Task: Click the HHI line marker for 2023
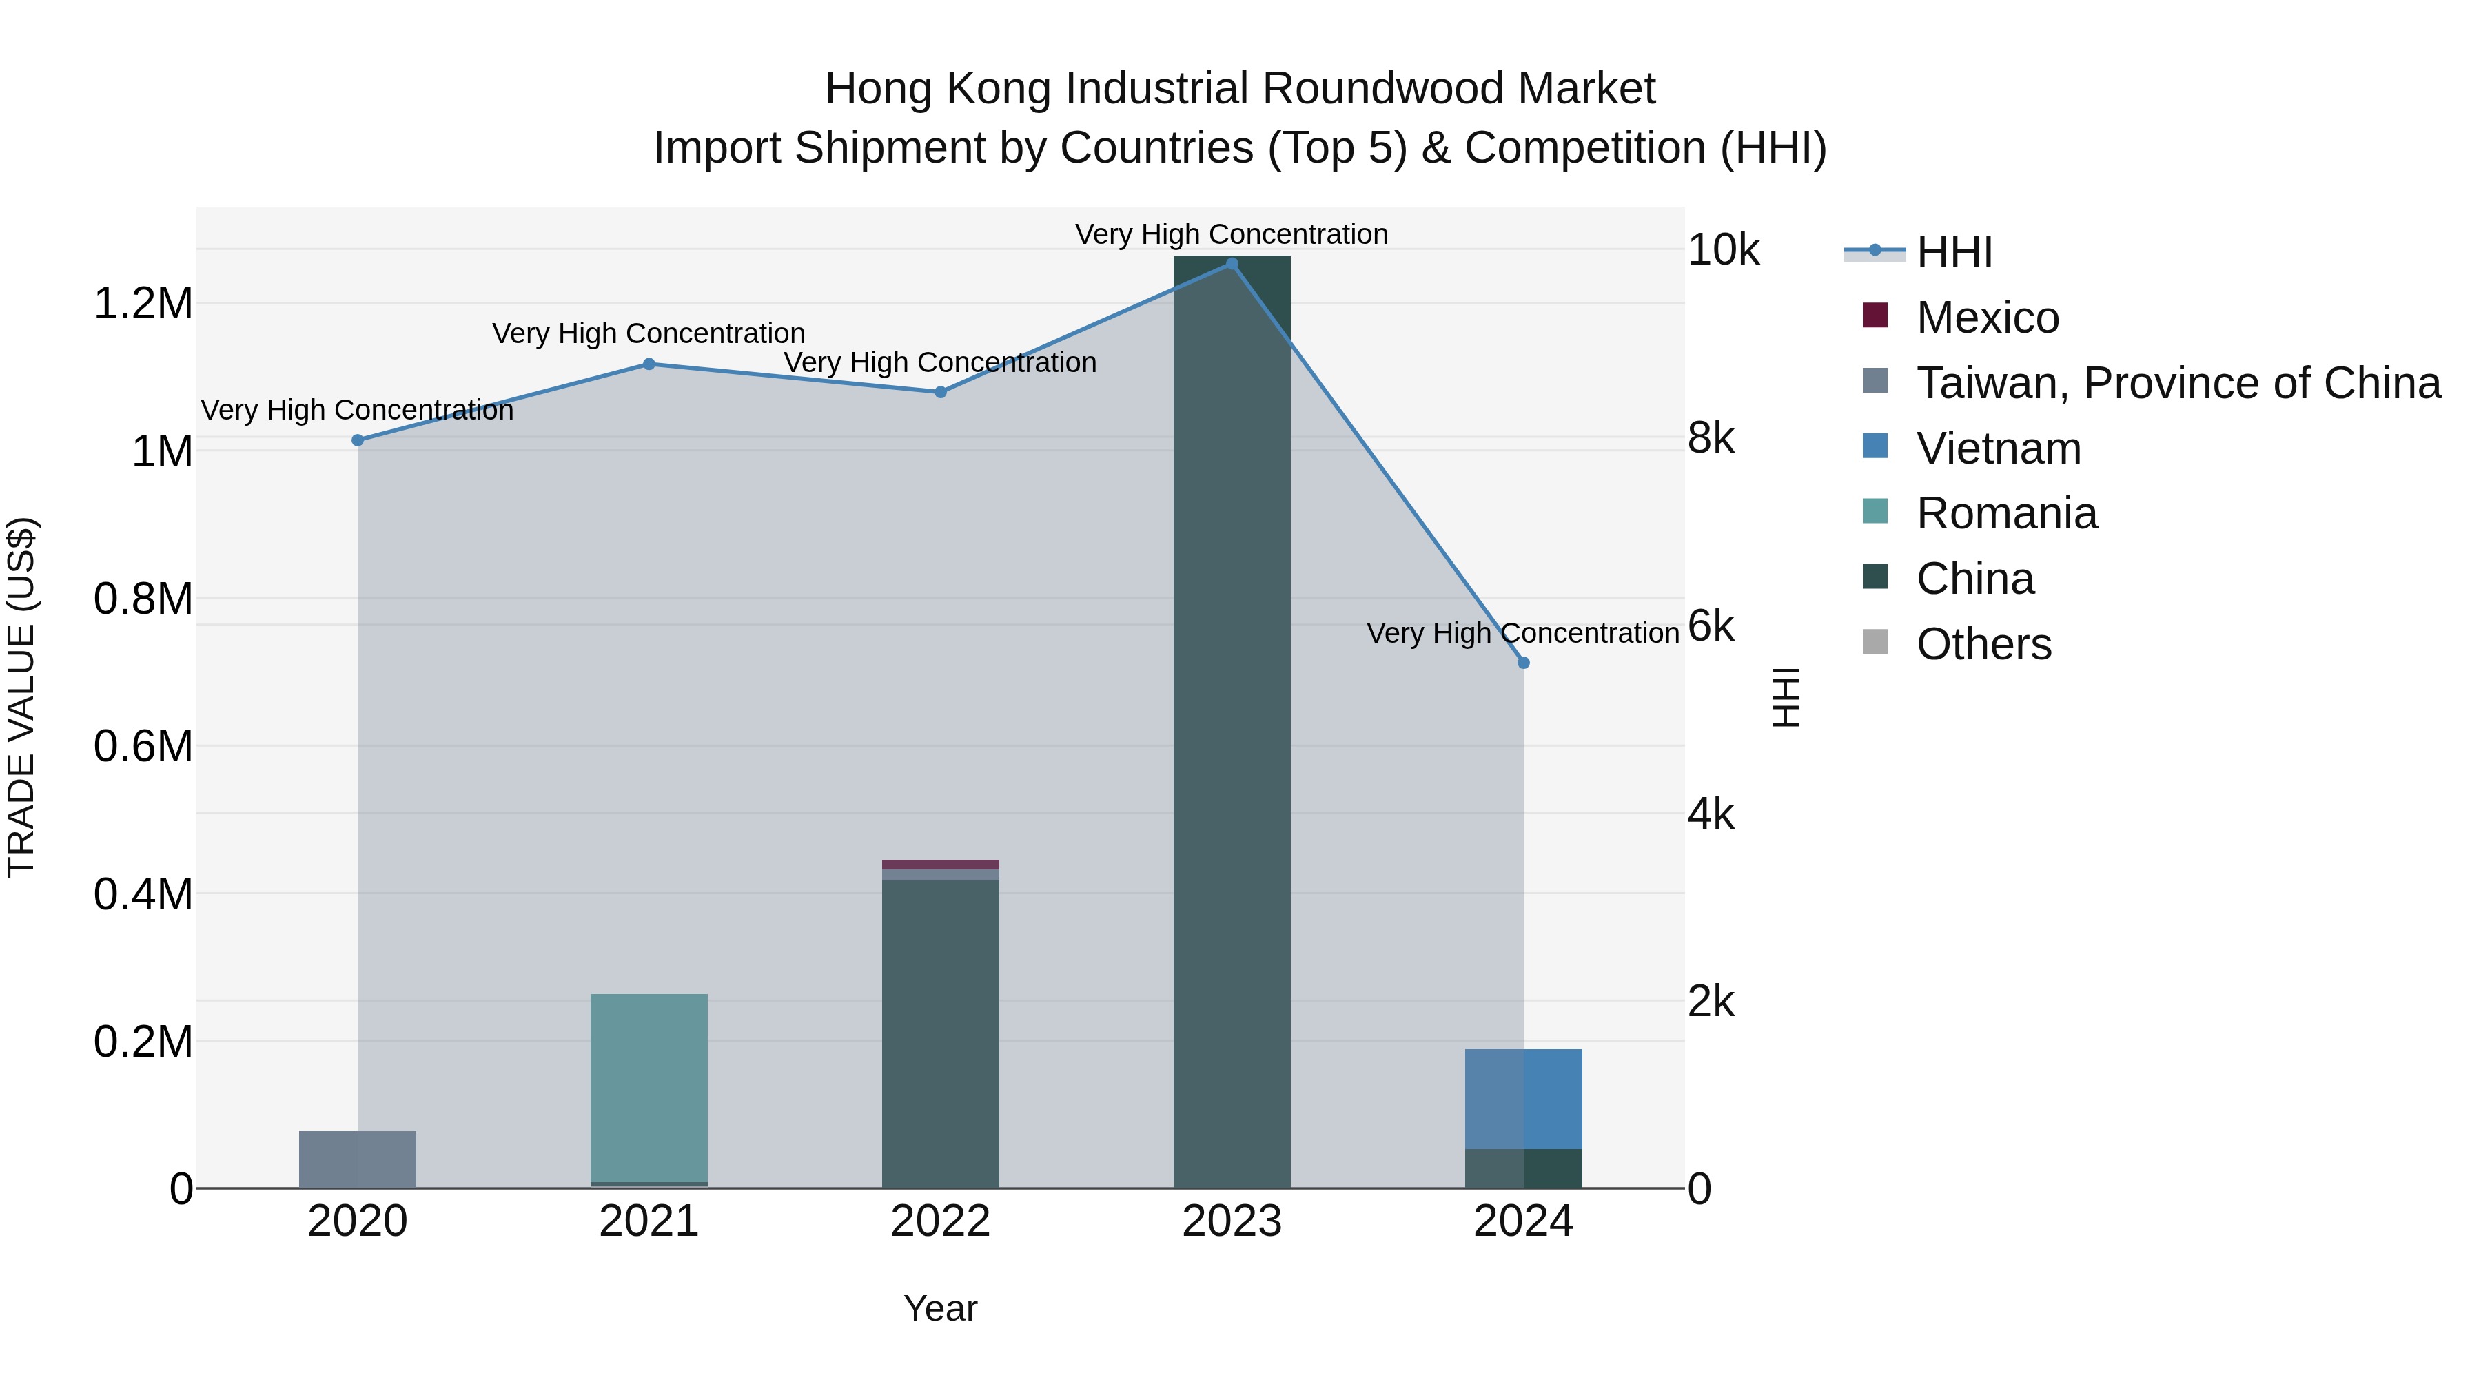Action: point(1231,263)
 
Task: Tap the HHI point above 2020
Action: point(357,440)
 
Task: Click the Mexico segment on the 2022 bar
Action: point(940,865)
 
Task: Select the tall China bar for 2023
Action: point(1231,722)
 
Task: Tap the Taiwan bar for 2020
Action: point(357,1159)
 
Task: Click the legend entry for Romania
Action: point(2005,513)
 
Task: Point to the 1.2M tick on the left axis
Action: point(143,304)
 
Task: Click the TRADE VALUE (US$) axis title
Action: point(21,697)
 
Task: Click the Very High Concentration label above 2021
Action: point(649,333)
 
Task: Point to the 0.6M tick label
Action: point(143,747)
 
